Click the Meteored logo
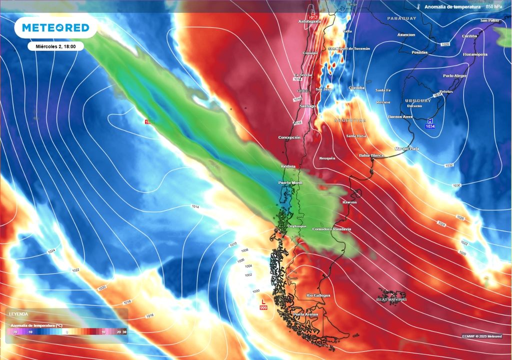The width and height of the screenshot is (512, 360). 55,27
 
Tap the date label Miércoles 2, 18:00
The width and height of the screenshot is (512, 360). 55,46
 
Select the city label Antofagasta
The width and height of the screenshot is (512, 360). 309,21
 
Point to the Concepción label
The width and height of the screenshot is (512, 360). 289,137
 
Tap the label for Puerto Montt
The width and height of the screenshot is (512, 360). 290,183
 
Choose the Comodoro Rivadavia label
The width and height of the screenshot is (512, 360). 328,229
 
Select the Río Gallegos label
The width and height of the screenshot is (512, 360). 318,295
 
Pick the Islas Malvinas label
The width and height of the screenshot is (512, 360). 391,299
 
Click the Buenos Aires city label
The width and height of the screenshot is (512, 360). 400,116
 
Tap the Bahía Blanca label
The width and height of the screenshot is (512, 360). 371,155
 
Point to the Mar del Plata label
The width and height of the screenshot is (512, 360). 407,148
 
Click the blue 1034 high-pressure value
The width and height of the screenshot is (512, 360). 430,126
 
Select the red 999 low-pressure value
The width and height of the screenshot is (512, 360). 263,306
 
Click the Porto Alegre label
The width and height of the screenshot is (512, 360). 454,75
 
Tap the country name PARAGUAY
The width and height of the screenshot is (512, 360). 401,18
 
